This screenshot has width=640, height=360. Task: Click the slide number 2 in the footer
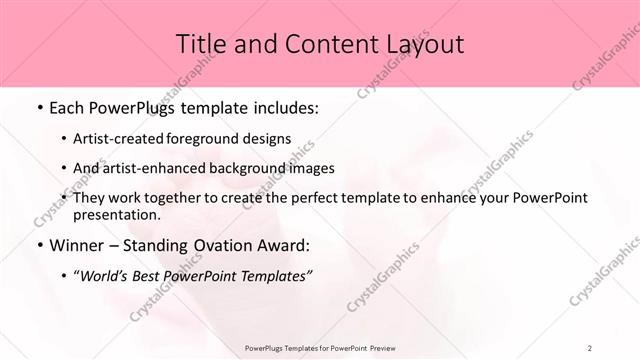[590, 347]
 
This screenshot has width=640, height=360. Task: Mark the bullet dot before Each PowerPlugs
[38, 108]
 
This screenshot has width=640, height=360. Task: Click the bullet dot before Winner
[38, 245]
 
